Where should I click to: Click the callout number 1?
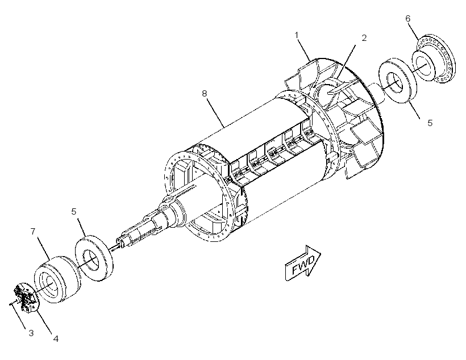[x=296, y=35]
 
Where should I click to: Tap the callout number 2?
[x=364, y=38]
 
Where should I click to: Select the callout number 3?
[x=31, y=333]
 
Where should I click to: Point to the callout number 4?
[x=56, y=338]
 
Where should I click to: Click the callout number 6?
[x=408, y=18]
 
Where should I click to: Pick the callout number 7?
[x=33, y=231]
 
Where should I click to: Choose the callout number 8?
[x=204, y=93]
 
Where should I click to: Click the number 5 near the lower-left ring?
[x=74, y=211]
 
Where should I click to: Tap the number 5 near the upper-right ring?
[x=430, y=123]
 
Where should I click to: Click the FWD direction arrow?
[x=303, y=262]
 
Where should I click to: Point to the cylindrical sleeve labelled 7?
[x=57, y=279]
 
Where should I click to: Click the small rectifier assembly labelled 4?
[x=27, y=298]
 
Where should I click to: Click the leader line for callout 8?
[x=215, y=114]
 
